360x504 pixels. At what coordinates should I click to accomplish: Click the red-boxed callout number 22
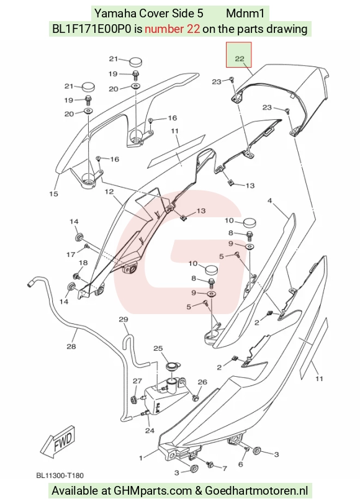pyautogui.click(x=240, y=59)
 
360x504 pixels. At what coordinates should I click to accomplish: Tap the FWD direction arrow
pyautogui.click(x=58, y=441)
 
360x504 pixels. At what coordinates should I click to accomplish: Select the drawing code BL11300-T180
pyautogui.click(x=60, y=475)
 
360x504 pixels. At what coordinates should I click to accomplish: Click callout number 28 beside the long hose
pyautogui.click(x=71, y=346)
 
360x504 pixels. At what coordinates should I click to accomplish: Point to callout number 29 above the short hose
pyautogui.click(x=124, y=319)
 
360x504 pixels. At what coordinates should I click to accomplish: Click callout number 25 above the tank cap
pyautogui.click(x=158, y=348)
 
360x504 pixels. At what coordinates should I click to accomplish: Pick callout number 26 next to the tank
pyautogui.click(x=202, y=382)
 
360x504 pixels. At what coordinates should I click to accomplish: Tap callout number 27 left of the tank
pyautogui.click(x=137, y=381)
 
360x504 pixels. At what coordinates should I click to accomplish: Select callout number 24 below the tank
pyautogui.click(x=150, y=430)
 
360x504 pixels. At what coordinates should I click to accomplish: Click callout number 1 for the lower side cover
pyautogui.click(x=140, y=458)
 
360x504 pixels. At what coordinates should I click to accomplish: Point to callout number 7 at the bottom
pyautogui.click(x=225, y=469)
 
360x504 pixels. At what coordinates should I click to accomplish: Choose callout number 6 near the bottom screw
pyautogui.click(x=240, y=464)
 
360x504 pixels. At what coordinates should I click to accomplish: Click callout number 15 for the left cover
pyautogui.click(x=53, y=194)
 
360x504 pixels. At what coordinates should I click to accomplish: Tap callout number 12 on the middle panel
pyautogui.click(x=109, y=192)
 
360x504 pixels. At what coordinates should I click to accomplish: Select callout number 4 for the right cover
pyautogui.click(x=269, y=201)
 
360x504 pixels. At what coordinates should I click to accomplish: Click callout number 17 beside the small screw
pyautogui.click(x=71, y=254)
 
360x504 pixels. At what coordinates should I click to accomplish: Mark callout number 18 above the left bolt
pyautogui.click(x=83, y=263)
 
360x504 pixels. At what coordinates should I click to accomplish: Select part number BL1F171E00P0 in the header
pyautogui.click(x=92, y=29)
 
